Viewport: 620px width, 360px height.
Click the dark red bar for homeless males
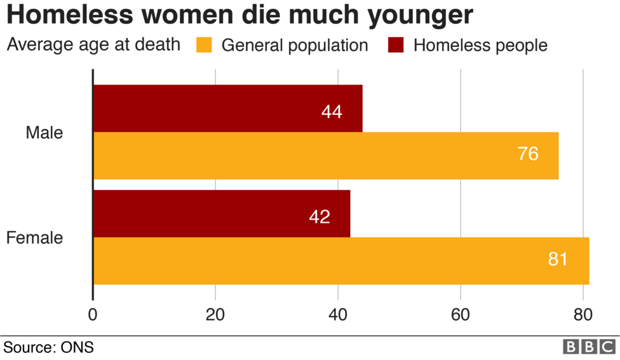pos(227,109)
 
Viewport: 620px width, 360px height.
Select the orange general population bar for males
pos(325,156)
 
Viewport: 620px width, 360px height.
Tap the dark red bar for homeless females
pos(221,213)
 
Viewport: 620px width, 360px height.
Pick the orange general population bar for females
pos(340,260)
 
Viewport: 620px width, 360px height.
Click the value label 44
pos(332,112)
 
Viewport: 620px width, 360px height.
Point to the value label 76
pos(527,154)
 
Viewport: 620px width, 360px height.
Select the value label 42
pos(319,217)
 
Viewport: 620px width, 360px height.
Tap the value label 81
pos(557,259)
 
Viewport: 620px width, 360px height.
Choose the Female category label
pos(35,238)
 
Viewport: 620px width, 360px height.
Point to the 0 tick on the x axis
pos(93,314)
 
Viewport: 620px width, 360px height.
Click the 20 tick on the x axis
pos(215,314)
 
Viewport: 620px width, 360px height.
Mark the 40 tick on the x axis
pos(338,314)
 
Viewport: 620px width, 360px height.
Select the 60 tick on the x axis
pos(460,314)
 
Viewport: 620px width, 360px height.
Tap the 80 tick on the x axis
pos(583,314)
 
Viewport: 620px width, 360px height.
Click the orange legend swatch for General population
pos(204,45)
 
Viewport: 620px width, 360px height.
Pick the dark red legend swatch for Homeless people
pos(396,45)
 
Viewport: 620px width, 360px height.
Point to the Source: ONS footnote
pos(48,347)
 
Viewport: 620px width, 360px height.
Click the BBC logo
pos(589,347)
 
